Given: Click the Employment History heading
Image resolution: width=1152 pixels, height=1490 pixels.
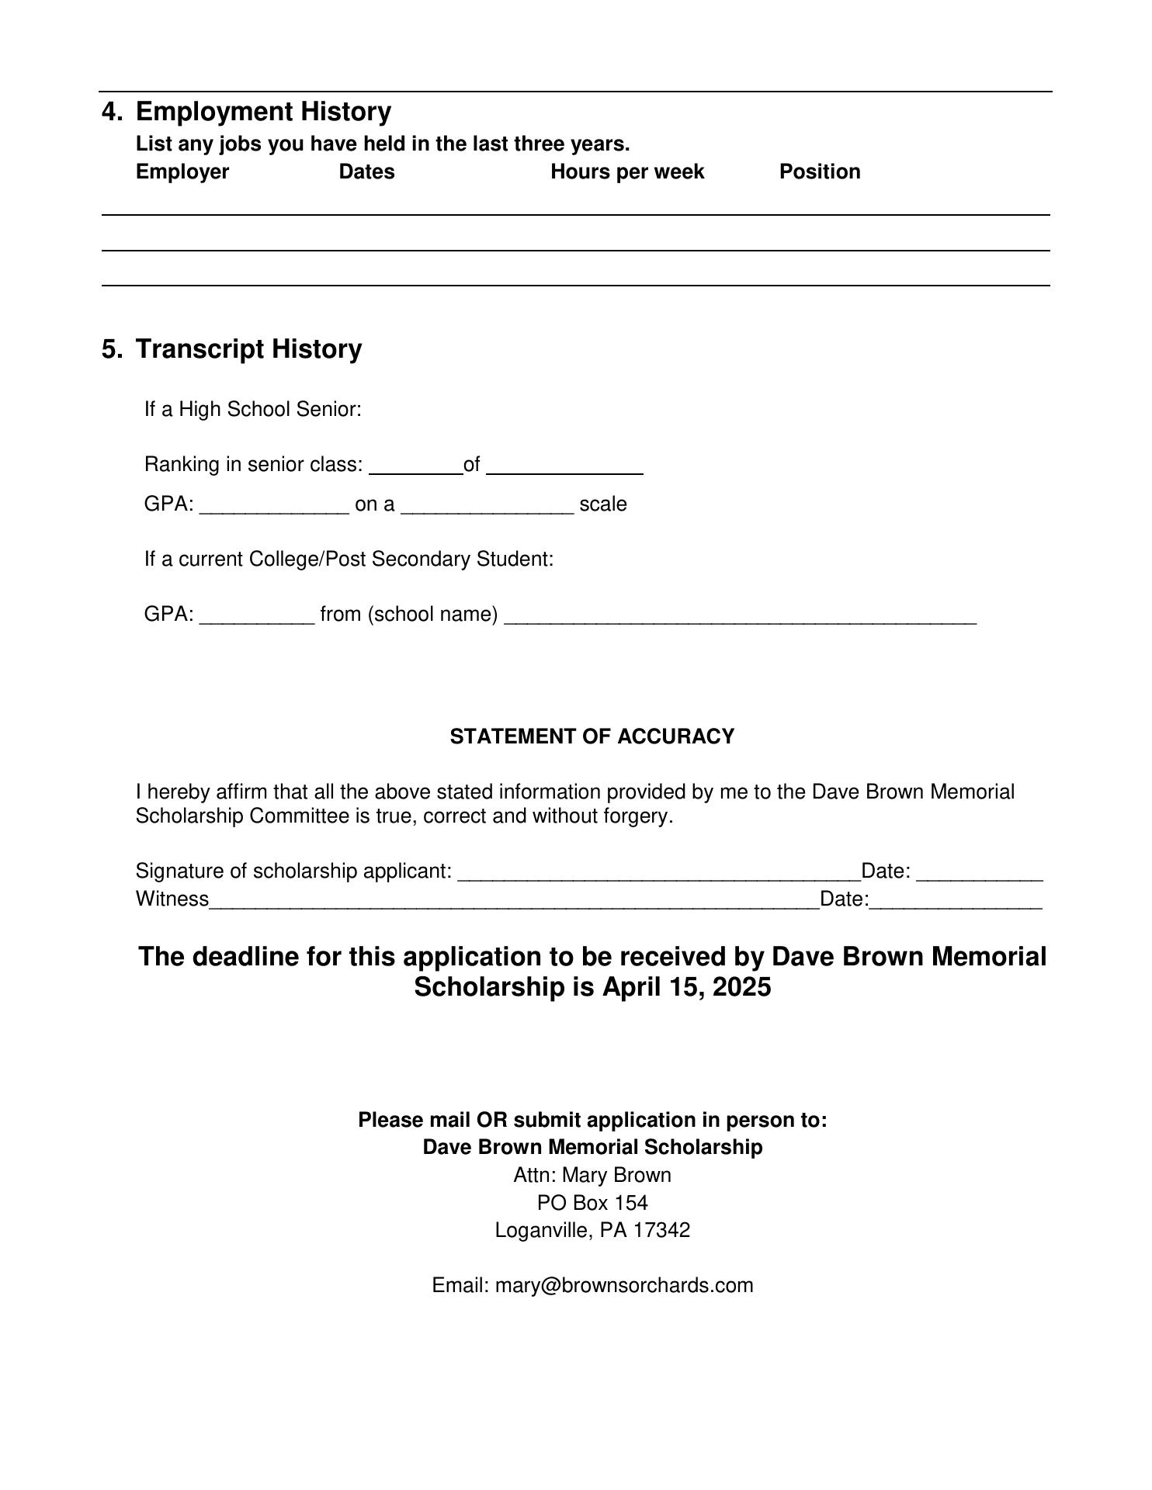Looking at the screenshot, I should tap(263, 112).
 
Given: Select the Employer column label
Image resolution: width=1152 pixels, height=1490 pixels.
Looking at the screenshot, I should tap(182, 172).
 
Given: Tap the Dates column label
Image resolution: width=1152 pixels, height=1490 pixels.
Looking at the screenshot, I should tap(366, 172).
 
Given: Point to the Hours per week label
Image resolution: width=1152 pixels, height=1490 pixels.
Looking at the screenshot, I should tap(627, 172).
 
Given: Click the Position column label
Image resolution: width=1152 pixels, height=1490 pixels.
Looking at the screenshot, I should tap(820, 172).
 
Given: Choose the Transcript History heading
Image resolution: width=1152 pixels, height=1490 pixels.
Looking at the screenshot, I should tap(248, 349).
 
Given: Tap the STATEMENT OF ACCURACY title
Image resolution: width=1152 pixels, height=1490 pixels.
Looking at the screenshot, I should tap(592, 736).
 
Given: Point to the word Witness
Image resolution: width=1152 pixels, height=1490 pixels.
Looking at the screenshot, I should tap(172, 899).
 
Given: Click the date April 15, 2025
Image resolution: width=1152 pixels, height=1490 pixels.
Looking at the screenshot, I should tap(686, 987).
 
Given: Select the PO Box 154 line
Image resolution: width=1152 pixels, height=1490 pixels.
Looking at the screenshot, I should tap(592, 1203).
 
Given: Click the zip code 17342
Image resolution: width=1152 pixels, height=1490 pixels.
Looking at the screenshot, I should tap(661, 1230).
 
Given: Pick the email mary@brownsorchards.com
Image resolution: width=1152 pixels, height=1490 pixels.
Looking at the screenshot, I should tap(624, 1285).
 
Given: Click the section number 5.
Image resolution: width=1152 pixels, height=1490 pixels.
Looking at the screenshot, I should tap(111, 349).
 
